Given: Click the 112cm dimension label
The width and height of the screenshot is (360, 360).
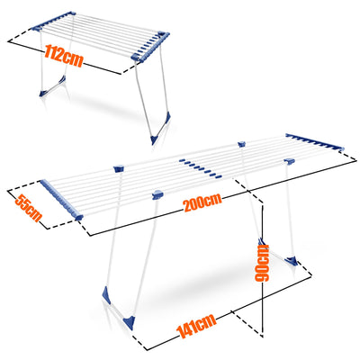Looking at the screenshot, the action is (x=63, y=56).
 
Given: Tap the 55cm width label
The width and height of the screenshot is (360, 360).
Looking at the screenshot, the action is (x=28, y=208).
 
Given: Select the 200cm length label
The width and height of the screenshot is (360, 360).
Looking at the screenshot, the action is (x=202, y=202).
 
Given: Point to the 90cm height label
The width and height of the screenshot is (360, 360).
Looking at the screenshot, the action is (x=262, y=263).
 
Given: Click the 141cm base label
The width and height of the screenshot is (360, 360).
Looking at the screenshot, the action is (x=197, y=326).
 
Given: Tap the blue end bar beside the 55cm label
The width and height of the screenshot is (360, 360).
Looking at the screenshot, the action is (x=61, y=200).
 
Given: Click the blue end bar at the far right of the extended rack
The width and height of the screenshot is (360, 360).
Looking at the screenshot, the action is (x=315, y=141).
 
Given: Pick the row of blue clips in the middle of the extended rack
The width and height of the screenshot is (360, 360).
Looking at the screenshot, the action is (x=201, y=168).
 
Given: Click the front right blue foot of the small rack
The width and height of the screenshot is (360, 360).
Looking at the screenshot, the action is (x=160, y=129).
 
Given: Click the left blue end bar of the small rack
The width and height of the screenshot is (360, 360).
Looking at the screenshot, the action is (x=53, y=21).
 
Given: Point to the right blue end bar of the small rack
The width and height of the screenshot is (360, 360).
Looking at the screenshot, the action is (x=150, y=46).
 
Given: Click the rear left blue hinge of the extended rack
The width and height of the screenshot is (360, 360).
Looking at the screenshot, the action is (x=119, y=168).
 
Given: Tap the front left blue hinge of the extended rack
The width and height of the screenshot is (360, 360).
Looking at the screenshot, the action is (x=157, y=194).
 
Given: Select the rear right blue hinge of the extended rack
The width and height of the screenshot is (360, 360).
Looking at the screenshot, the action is (x=241, y=144).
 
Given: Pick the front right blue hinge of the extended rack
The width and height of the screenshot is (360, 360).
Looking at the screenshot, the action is (x=290, y=161).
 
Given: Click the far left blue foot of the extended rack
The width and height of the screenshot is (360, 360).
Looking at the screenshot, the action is (x=106, y=295).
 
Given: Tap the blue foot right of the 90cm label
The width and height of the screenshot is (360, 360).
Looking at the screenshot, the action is (x=292, y=261).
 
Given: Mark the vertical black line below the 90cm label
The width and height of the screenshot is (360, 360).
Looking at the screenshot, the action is (x=263, y=310).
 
